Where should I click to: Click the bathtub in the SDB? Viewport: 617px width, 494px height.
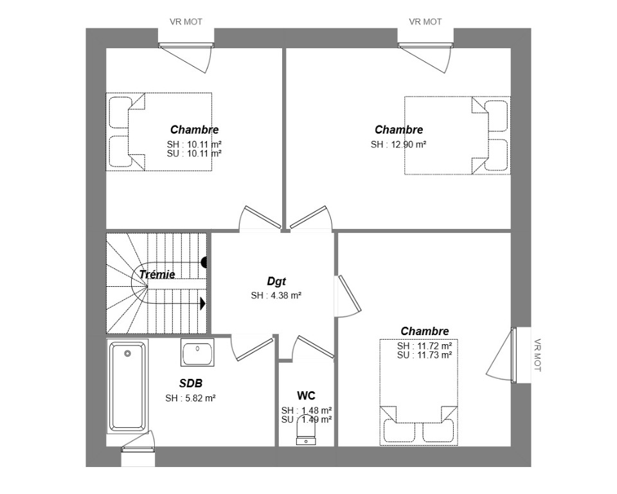(x=127, y=387)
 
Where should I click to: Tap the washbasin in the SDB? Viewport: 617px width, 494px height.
(x=197, y=352)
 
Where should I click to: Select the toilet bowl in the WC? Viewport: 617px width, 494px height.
(x=306, y=430)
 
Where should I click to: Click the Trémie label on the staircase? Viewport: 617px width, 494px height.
(x=157, y=274)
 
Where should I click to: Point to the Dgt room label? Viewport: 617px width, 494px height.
(x=276, y=281)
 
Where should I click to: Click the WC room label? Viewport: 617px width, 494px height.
(x=306, y=396)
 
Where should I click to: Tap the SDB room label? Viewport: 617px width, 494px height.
(x=191, y=383)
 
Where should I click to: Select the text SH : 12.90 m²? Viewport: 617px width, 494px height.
(x=398, y=145)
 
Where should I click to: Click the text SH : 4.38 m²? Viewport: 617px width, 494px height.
(x=276, y=295)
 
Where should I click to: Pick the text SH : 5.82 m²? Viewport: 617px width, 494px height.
(x=190, y=398)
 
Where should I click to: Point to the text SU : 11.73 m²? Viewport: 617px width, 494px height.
(x=424, y=355)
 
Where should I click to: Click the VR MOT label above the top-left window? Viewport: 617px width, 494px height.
(x=186, y=22)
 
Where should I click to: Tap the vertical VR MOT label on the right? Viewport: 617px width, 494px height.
(x=537, y=355)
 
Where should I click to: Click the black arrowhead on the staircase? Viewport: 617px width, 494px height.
(x=203, y=304)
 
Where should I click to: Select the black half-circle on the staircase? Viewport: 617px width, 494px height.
(x=204, y=262)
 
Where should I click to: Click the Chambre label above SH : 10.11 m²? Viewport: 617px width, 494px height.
(x=194, y=129)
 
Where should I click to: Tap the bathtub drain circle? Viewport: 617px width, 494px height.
(x=127, y=353)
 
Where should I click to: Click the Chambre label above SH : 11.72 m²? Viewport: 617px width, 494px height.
(x=425, y=331)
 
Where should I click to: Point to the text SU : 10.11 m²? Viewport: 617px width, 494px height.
(x=194, y=154)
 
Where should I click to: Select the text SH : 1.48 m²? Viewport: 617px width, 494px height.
(x=307, y=410)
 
